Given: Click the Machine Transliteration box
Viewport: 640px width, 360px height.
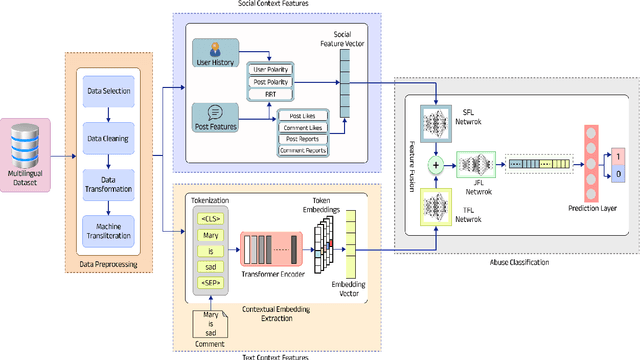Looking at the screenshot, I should [x=107, y=232].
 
